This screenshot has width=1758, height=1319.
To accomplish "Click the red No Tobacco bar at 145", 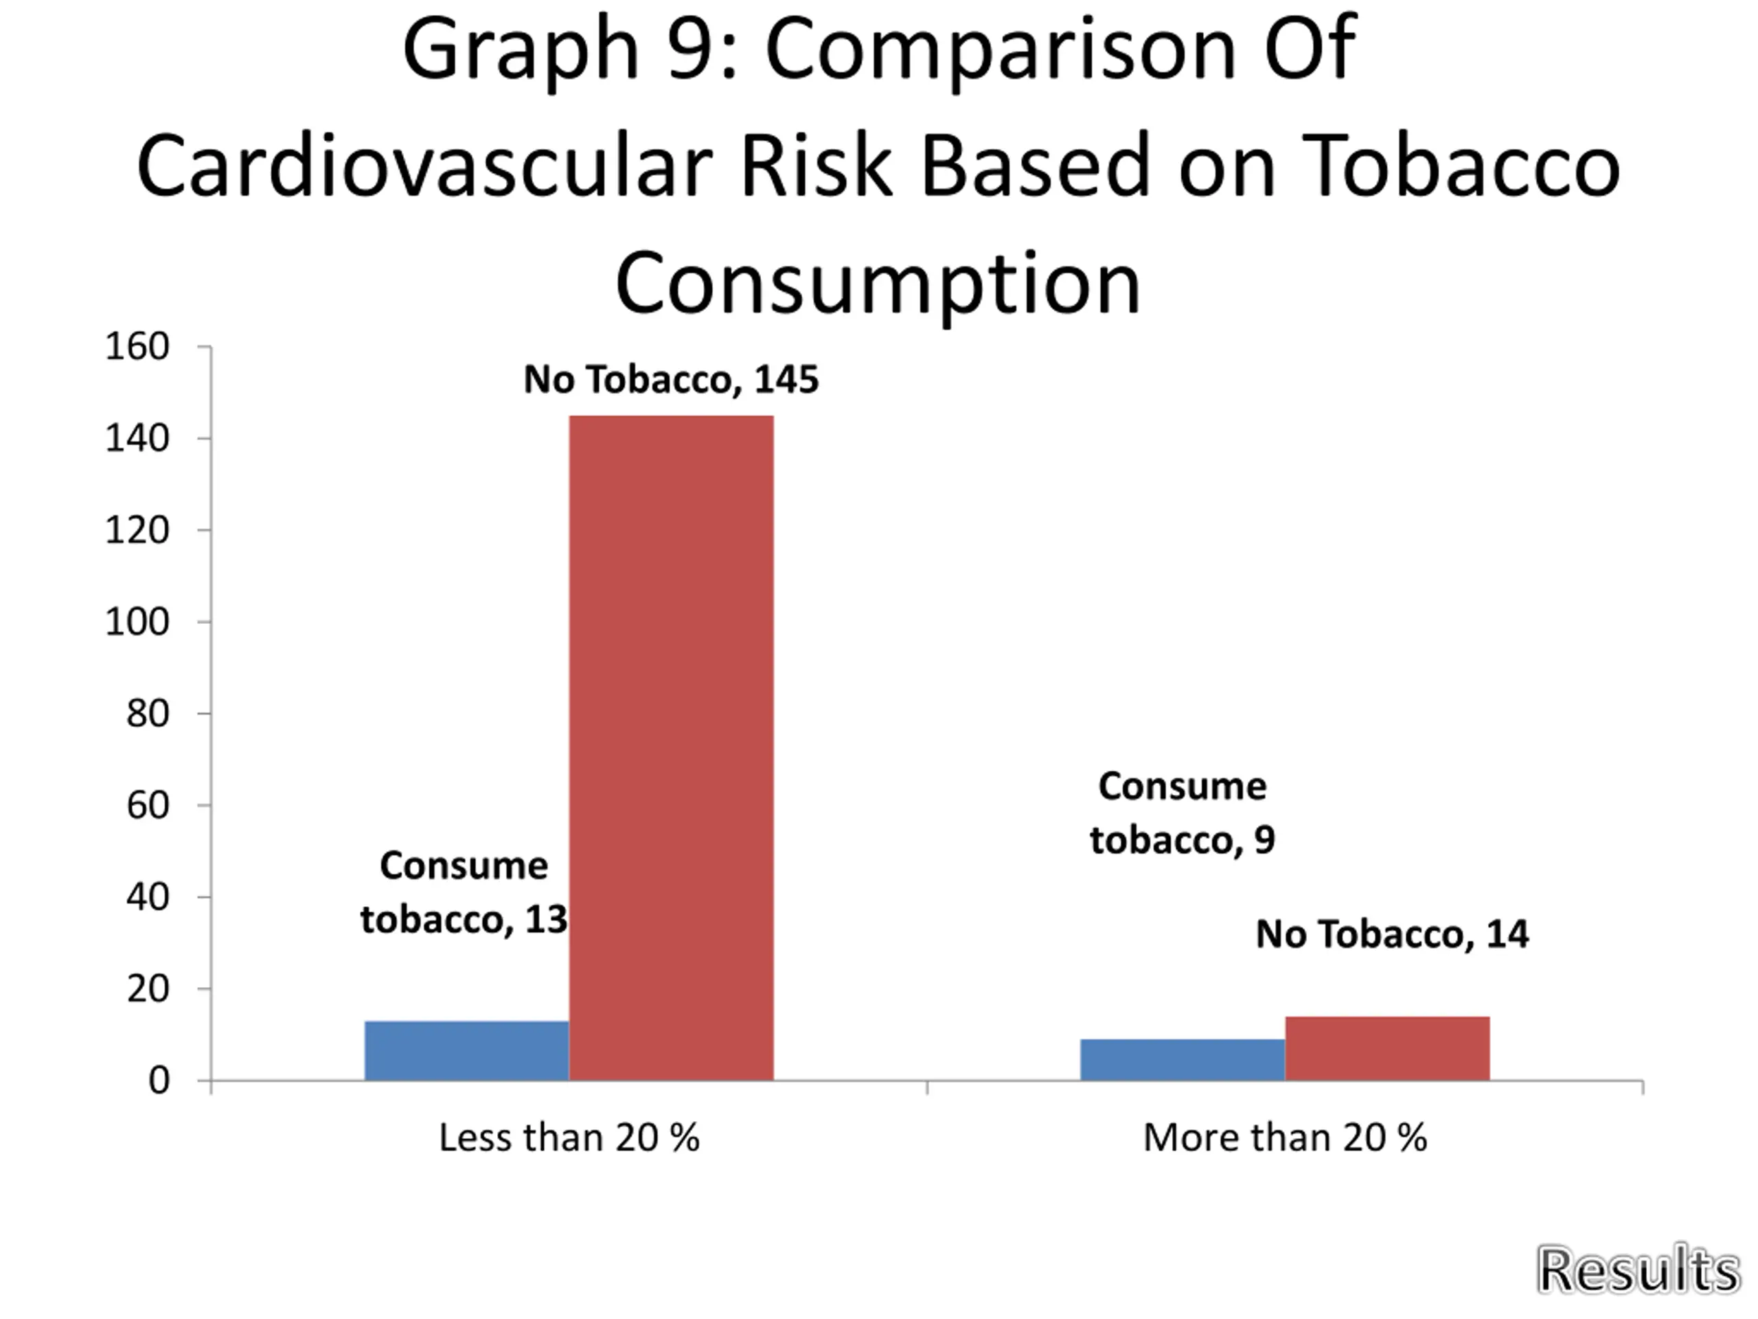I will click(x=671, y=747).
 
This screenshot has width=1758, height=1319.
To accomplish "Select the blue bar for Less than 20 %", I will click(x=466, y=1050).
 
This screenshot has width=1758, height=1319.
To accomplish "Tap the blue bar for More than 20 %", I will click(x=1182, y=1059).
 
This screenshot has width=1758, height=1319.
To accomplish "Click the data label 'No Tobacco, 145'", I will click(x=671, y=379).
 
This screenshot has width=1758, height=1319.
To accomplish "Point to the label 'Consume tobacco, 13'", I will click(x=464, y=892).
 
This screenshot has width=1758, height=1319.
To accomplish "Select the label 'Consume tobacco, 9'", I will click(x=1182, y=813).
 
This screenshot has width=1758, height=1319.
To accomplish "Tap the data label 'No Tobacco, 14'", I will click(x=1391, y=934).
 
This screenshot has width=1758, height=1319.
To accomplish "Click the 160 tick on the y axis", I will click(x=137, y=347).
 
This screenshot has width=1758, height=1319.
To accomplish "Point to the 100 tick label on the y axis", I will click(x=137, y=622).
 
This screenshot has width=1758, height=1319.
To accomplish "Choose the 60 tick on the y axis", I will click(x=147, y=805).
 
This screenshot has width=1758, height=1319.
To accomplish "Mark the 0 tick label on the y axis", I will click(x=158, y=1081).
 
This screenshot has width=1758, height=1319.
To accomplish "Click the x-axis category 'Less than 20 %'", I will click(x=569, y=1138).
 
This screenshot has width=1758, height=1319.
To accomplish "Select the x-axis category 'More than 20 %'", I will click(x=1284, y=1138).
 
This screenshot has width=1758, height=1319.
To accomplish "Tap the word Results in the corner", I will click(x=1638, y=1270).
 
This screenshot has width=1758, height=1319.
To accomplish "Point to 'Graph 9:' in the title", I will click(x=569, y=49).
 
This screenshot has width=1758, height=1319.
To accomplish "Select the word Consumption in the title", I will click(x=878, y=283).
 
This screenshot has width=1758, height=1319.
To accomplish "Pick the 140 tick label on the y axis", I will click(x=137, y=438).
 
